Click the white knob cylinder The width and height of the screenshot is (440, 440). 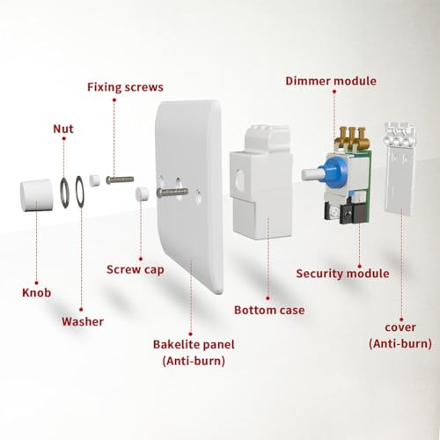click(37, 195)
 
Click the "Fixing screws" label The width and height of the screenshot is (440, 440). click(125, 87)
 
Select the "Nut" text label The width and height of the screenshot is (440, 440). click(63, 129)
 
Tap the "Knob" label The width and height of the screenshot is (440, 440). click(36, 293)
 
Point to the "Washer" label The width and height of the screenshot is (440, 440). click(83, 321)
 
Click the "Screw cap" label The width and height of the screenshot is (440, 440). click(136, 270)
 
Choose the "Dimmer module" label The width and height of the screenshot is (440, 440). click(331, 81)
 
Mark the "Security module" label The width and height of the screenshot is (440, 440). click(342, 274)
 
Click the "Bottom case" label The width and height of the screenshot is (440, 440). click(269, 310)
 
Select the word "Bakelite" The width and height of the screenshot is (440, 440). click(173, 345)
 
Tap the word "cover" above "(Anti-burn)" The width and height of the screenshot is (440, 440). click(400, 327)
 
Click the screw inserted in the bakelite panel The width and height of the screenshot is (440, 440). click(172, 192)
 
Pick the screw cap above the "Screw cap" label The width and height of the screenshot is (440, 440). click(142, 194)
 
